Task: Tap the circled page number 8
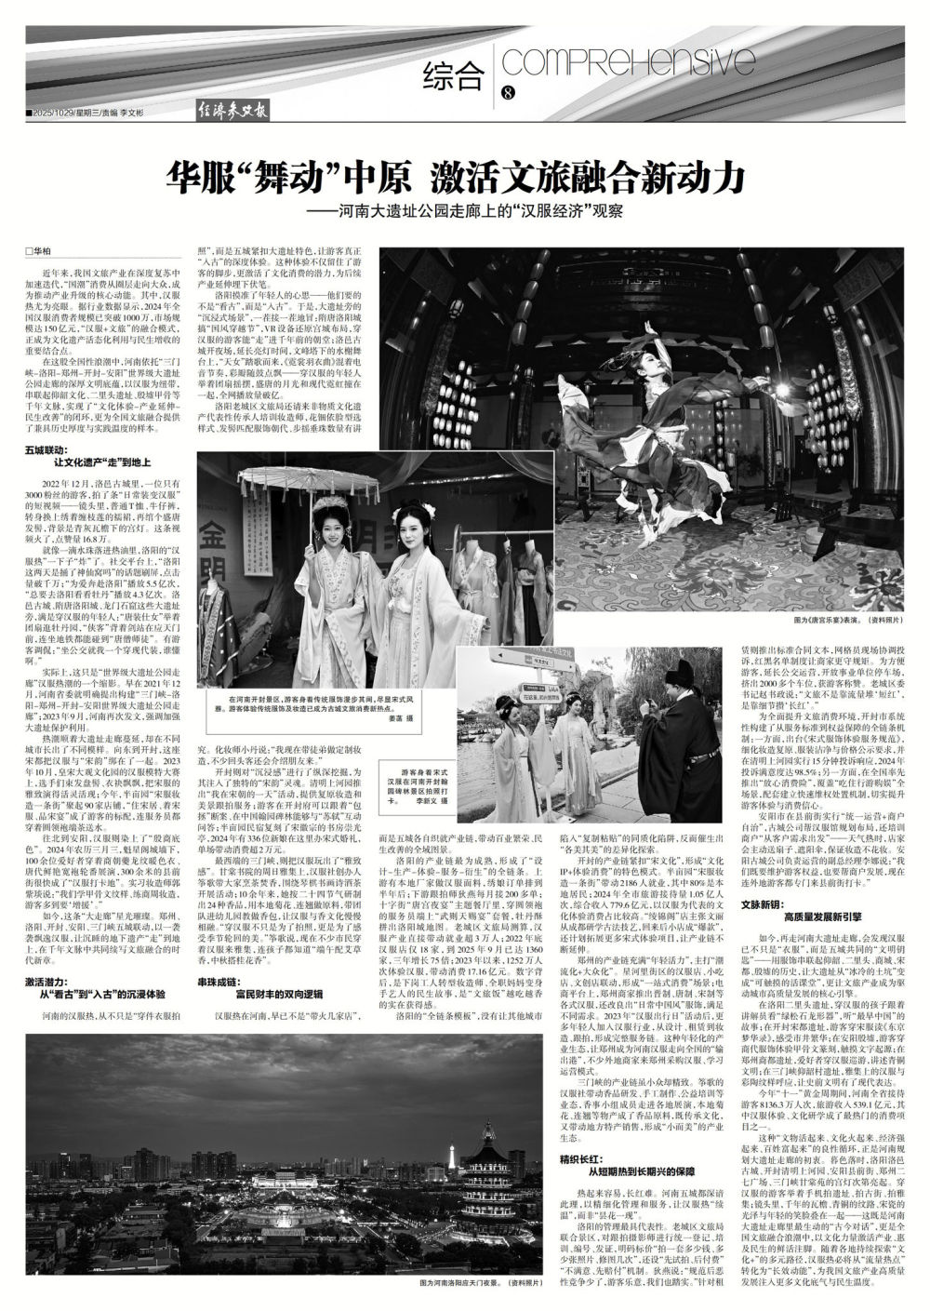(x=508, y=92)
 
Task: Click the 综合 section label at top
(x=455, y=72)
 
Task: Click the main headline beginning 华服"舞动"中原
(x=457, y=174)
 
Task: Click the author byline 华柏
(x=37, y=251)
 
